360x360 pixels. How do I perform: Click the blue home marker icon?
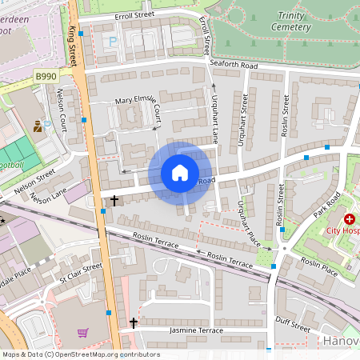coord(180,173)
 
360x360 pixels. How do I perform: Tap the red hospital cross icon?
coord(349,219)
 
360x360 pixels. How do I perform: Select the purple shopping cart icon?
coord(82,332)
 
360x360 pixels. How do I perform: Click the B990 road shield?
coord(46,75)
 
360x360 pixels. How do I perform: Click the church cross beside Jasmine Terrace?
coord(134,323)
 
